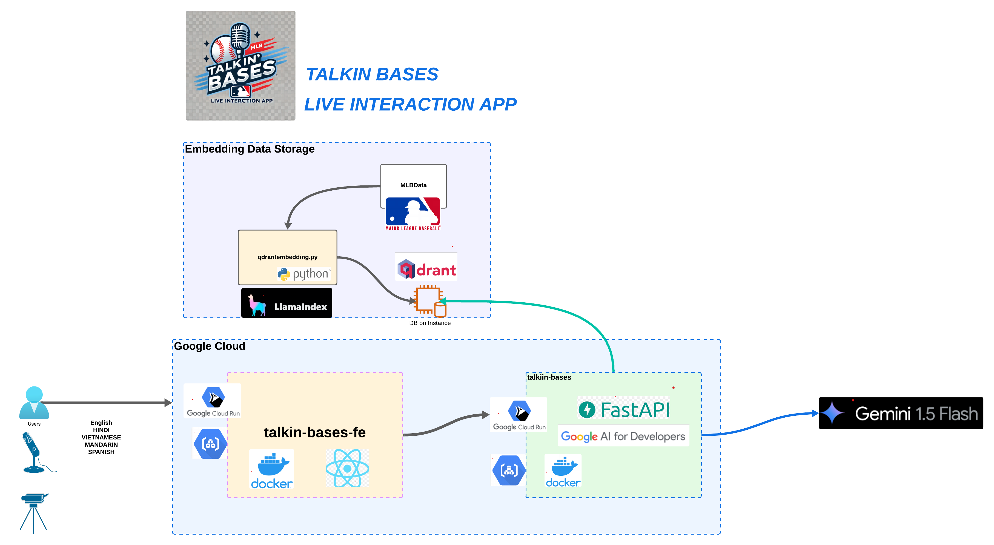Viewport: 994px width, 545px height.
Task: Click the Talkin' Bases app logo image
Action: point(240,65)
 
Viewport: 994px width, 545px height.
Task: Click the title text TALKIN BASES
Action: point(372,74)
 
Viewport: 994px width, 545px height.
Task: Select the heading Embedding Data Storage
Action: point(250,149)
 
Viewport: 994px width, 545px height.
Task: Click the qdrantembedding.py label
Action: point(288,257)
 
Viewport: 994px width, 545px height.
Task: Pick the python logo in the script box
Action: point(304,274)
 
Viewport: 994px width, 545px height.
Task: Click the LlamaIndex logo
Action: point(286,303)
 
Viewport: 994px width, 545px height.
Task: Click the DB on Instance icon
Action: point(430,301)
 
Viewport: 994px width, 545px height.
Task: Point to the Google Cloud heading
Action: point(210,346)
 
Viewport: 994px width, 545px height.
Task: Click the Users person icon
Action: point(34,403)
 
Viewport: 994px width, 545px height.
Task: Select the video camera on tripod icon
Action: point(34,513)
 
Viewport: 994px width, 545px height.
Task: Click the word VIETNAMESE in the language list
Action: point(101,437)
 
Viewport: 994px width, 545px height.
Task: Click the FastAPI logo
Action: point(624,409)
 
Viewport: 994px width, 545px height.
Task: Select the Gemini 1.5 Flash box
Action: point(901,413)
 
